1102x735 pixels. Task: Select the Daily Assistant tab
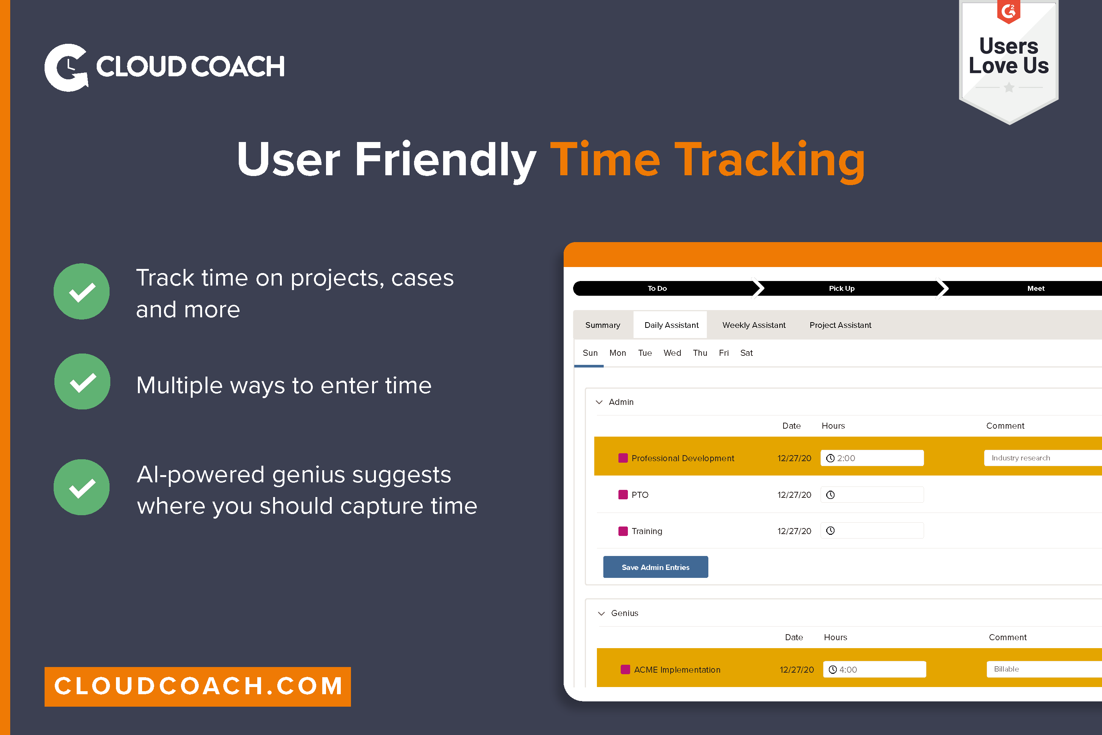[671, 325]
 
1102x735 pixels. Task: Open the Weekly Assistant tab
[753, 325]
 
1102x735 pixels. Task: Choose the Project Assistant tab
[839, 325]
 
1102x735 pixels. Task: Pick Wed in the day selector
[672, 353]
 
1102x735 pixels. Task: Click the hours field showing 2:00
[872, 458]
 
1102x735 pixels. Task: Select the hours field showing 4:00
[874, 669]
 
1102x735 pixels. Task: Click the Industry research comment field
[1040, 458]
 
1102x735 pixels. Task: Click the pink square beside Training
[623, 531]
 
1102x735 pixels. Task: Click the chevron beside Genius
[601, 614]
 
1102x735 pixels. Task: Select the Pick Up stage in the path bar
[841, 288]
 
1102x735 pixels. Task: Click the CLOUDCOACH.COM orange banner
[197, 686]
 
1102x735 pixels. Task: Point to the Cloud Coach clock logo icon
[66, 67]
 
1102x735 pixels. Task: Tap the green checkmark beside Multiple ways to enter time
[82, 382]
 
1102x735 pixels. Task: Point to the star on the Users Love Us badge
[1009, 88]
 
